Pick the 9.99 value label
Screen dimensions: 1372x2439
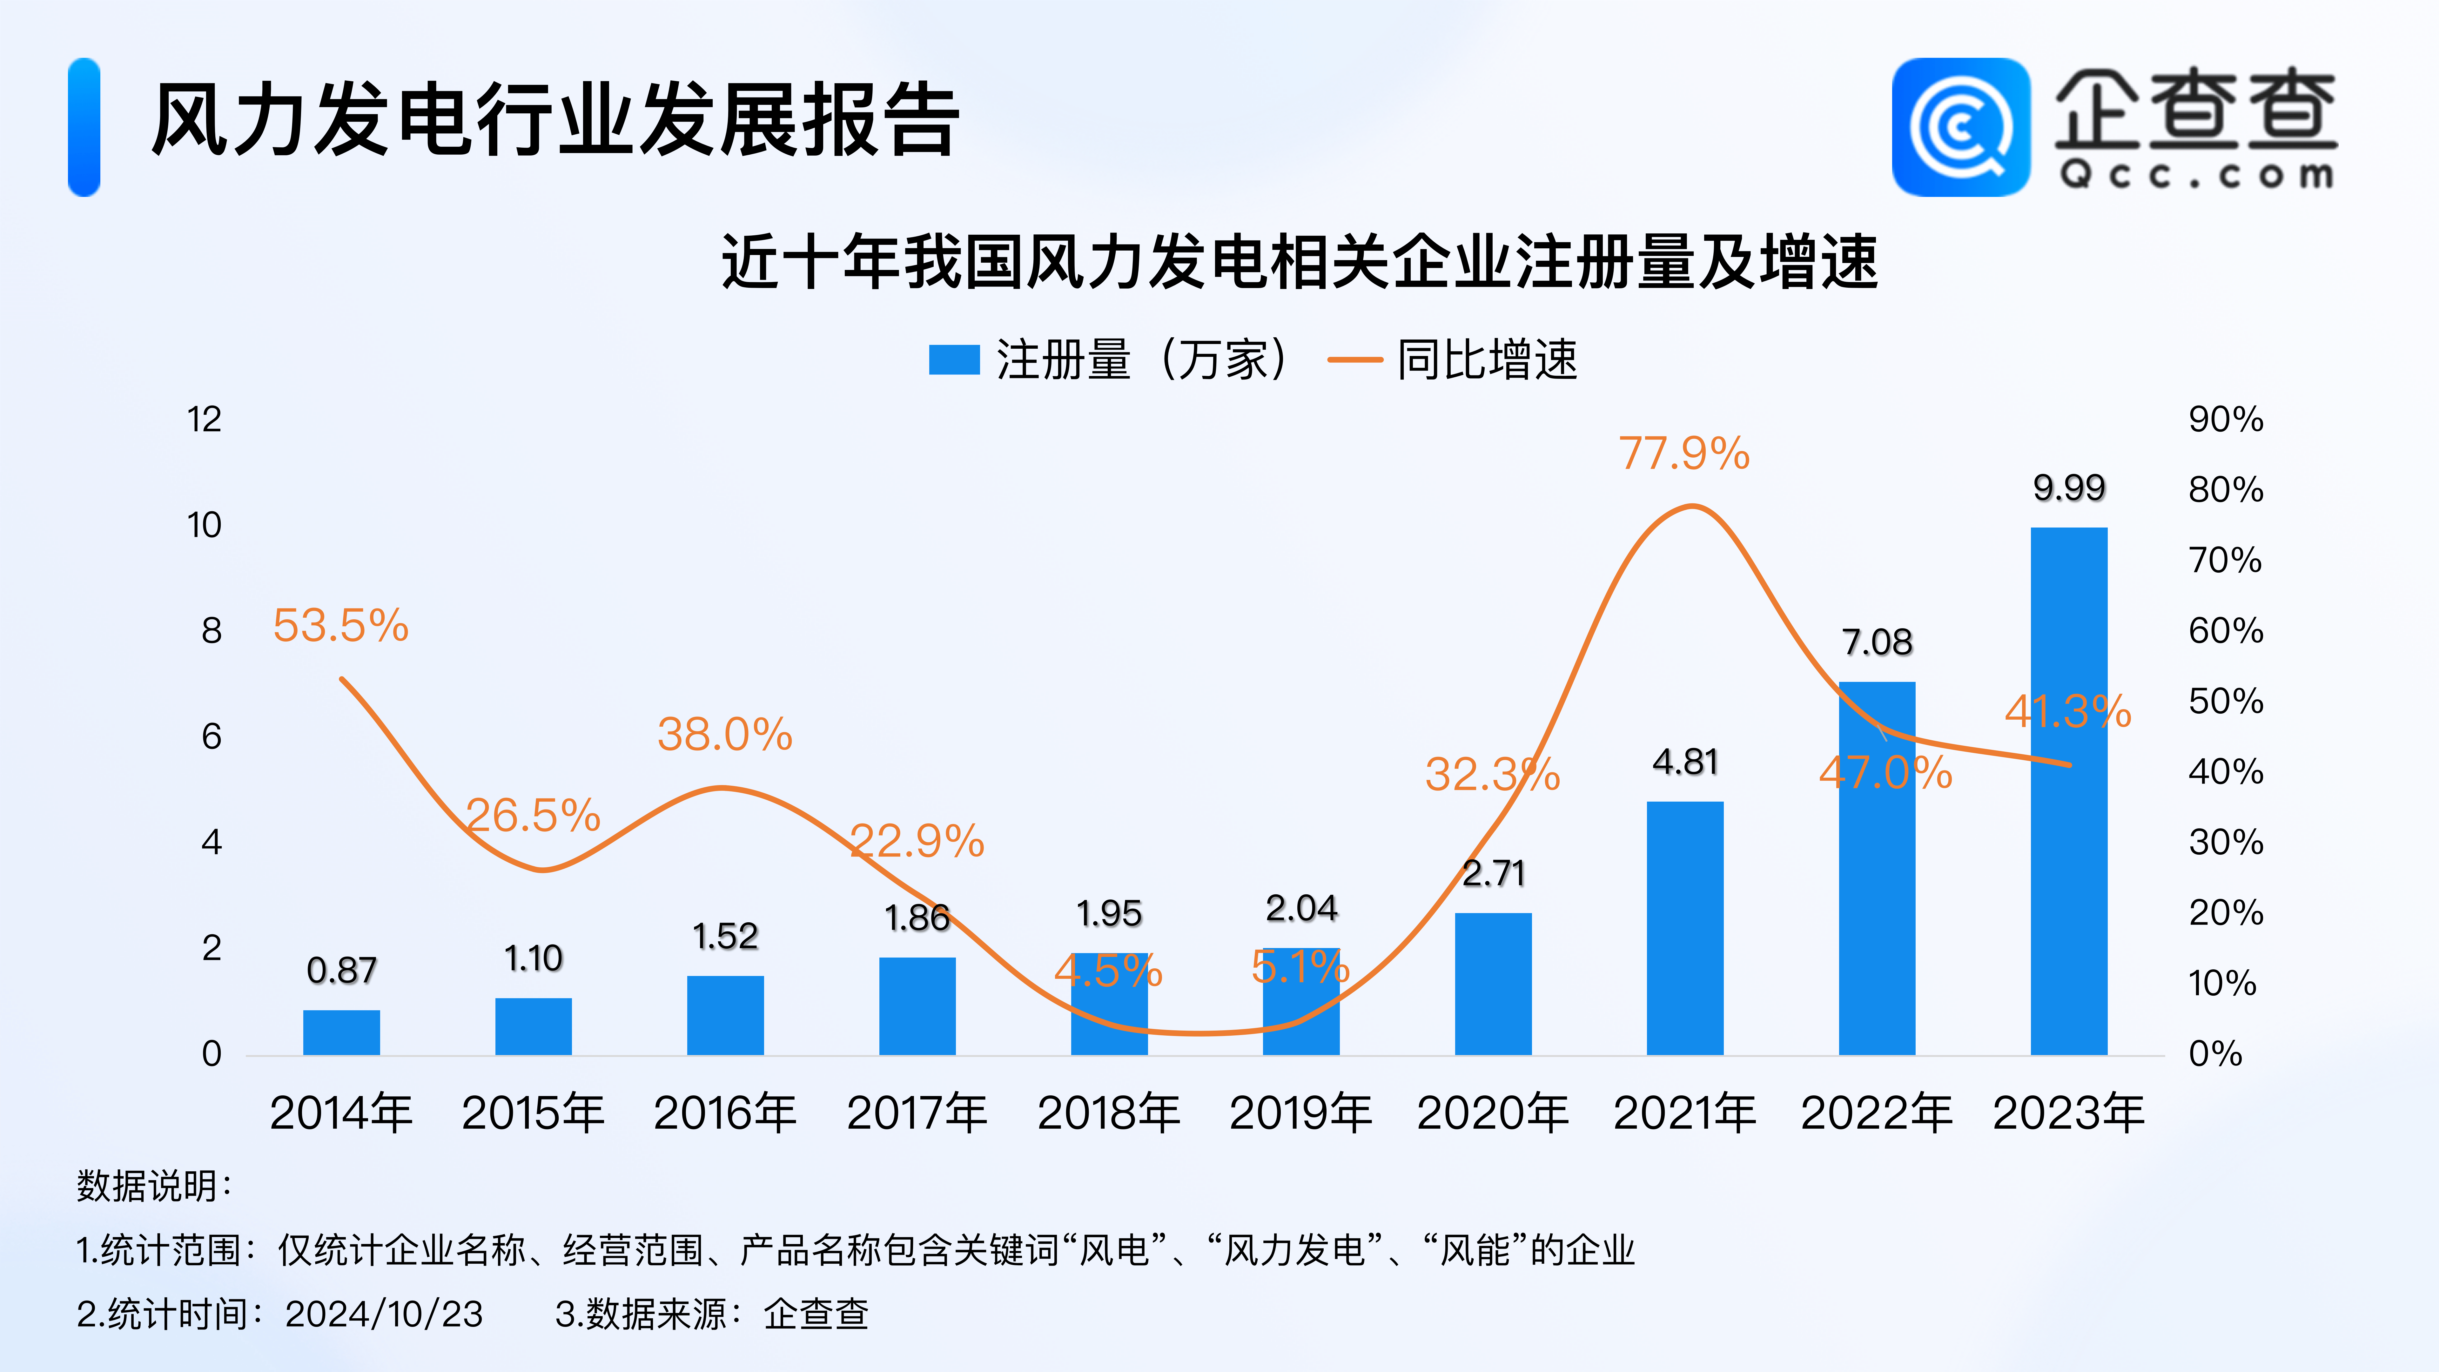pyautogui.click(x=2069, y=488)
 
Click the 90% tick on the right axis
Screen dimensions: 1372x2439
pyautogui.click(x=2225, y=420)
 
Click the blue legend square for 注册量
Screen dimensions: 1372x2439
pyautogui.click(x=953, y=360)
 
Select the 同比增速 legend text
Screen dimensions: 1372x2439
pyautogui.click(x=1487, y=360)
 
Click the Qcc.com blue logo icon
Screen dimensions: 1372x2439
pyautogui.click(x=1960, y=128)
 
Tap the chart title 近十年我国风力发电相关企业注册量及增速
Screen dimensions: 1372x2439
pyautogui.click(x=1299, y=262)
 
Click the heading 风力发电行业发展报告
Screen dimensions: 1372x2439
pyautogui.click(x=556, y=120)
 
